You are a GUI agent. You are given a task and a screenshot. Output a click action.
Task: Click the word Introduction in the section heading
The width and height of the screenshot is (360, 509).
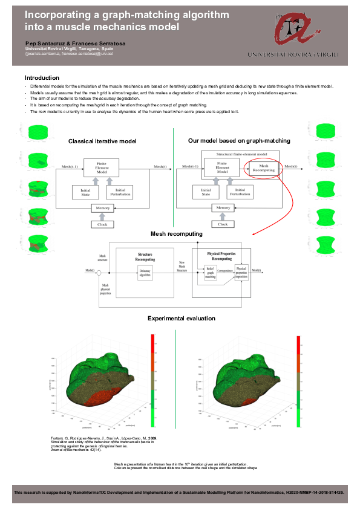[x=42, y=77]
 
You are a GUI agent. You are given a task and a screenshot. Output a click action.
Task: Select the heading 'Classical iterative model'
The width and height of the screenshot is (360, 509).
[x=102, y=141]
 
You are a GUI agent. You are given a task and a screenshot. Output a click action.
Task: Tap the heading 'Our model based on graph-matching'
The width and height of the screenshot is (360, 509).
[x=239, y=140]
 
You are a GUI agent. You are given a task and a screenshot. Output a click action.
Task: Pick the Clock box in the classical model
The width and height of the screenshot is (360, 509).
[x=102, y=224]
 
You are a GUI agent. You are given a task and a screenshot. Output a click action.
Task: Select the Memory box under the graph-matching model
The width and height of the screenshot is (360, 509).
[x=223, y=209]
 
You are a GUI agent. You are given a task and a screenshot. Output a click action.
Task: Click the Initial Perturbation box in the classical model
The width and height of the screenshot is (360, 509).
[x=119, y=192]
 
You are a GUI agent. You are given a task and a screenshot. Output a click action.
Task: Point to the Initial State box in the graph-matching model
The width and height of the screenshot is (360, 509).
[x=206, y=192]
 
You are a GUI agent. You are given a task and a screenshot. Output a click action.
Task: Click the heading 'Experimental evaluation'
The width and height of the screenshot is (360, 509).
[x=182, y=318]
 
